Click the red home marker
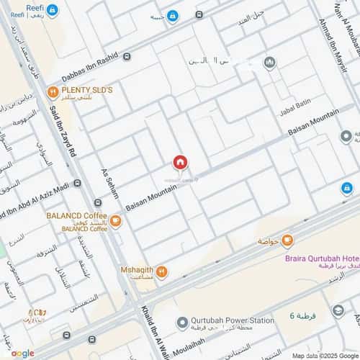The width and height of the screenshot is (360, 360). coord(179,163)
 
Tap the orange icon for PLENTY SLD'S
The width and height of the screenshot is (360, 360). coord(53,91)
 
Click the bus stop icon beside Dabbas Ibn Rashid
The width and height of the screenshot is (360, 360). coord(127,55)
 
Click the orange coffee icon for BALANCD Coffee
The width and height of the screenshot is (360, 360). coord(115,221)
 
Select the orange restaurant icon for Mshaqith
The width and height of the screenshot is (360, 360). coord(161,271)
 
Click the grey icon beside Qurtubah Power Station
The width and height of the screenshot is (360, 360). coord(184,321)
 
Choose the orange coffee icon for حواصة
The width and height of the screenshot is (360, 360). coord(287,240)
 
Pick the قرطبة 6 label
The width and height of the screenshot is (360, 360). coord(302,316)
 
